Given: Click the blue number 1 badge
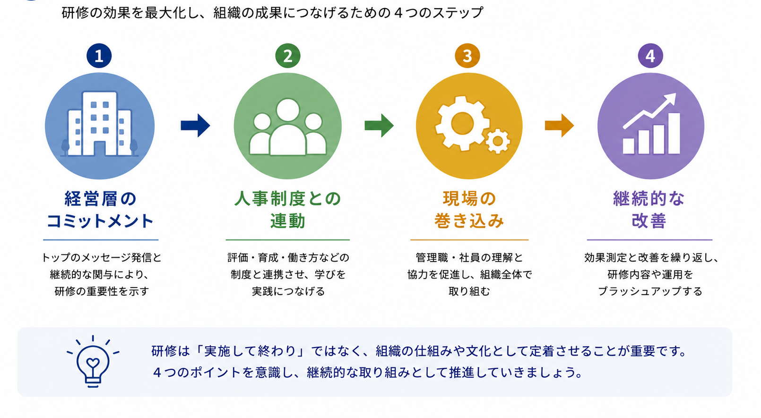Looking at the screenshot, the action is [99, 56].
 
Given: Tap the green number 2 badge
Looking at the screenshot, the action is [288, 56].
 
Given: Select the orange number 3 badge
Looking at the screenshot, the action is [467, 56].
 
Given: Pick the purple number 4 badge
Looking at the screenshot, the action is [650, 56].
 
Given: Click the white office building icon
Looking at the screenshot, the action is [100, 124].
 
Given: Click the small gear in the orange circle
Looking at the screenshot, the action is [498, 141].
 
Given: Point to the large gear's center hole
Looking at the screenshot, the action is [462, 124].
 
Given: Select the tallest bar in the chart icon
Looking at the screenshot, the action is [675, 134].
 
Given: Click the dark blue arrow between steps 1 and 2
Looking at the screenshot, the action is [195, 126].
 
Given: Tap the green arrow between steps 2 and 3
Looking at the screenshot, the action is [379, 126].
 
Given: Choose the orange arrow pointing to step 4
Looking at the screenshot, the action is [560, 126].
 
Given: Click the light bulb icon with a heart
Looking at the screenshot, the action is [93, 362].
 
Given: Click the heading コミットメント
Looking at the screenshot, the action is [100, 221].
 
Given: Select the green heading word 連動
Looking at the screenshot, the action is [288, 221].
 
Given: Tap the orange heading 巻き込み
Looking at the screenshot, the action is [469, 221].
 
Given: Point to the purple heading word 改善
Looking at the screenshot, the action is [649, 221].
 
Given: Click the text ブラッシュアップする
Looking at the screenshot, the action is [650, 291].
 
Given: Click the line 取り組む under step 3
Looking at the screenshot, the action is [469, 291].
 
